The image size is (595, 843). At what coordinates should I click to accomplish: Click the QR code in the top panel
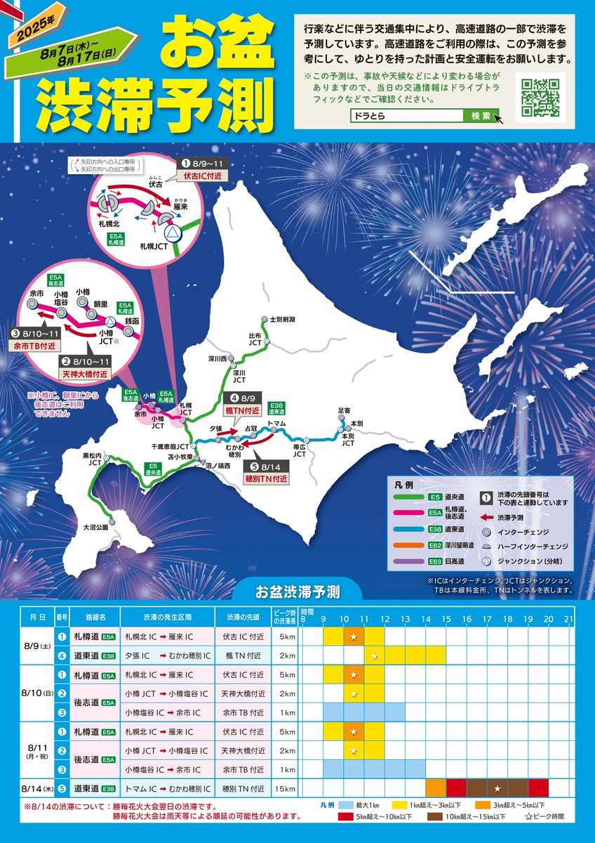[541, 98]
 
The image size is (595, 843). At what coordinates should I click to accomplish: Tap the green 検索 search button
[481, 115]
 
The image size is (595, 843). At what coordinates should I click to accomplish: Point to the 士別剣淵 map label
[281, 320]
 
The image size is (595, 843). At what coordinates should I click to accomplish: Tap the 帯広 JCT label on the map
[300, 450]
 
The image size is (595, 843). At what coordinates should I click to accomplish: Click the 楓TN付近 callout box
[242, 410]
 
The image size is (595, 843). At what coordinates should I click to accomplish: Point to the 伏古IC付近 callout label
[202, 176]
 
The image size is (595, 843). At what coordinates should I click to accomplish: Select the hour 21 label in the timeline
[568, 620]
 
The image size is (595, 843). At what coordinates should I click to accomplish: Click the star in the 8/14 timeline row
[497, 788]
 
